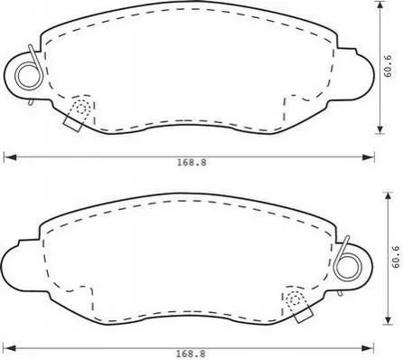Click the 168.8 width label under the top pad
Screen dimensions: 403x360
pos(192,163)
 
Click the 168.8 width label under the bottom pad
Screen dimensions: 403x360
pos(191,354)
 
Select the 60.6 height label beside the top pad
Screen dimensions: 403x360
pos(388,66)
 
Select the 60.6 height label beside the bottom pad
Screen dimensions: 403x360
pos(396,257)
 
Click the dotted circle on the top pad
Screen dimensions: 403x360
pos(81,108)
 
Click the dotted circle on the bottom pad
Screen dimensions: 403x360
pos(295,298)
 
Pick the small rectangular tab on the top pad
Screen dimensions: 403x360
pos(72,124)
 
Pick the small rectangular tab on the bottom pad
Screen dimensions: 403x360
pos(304,315)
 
